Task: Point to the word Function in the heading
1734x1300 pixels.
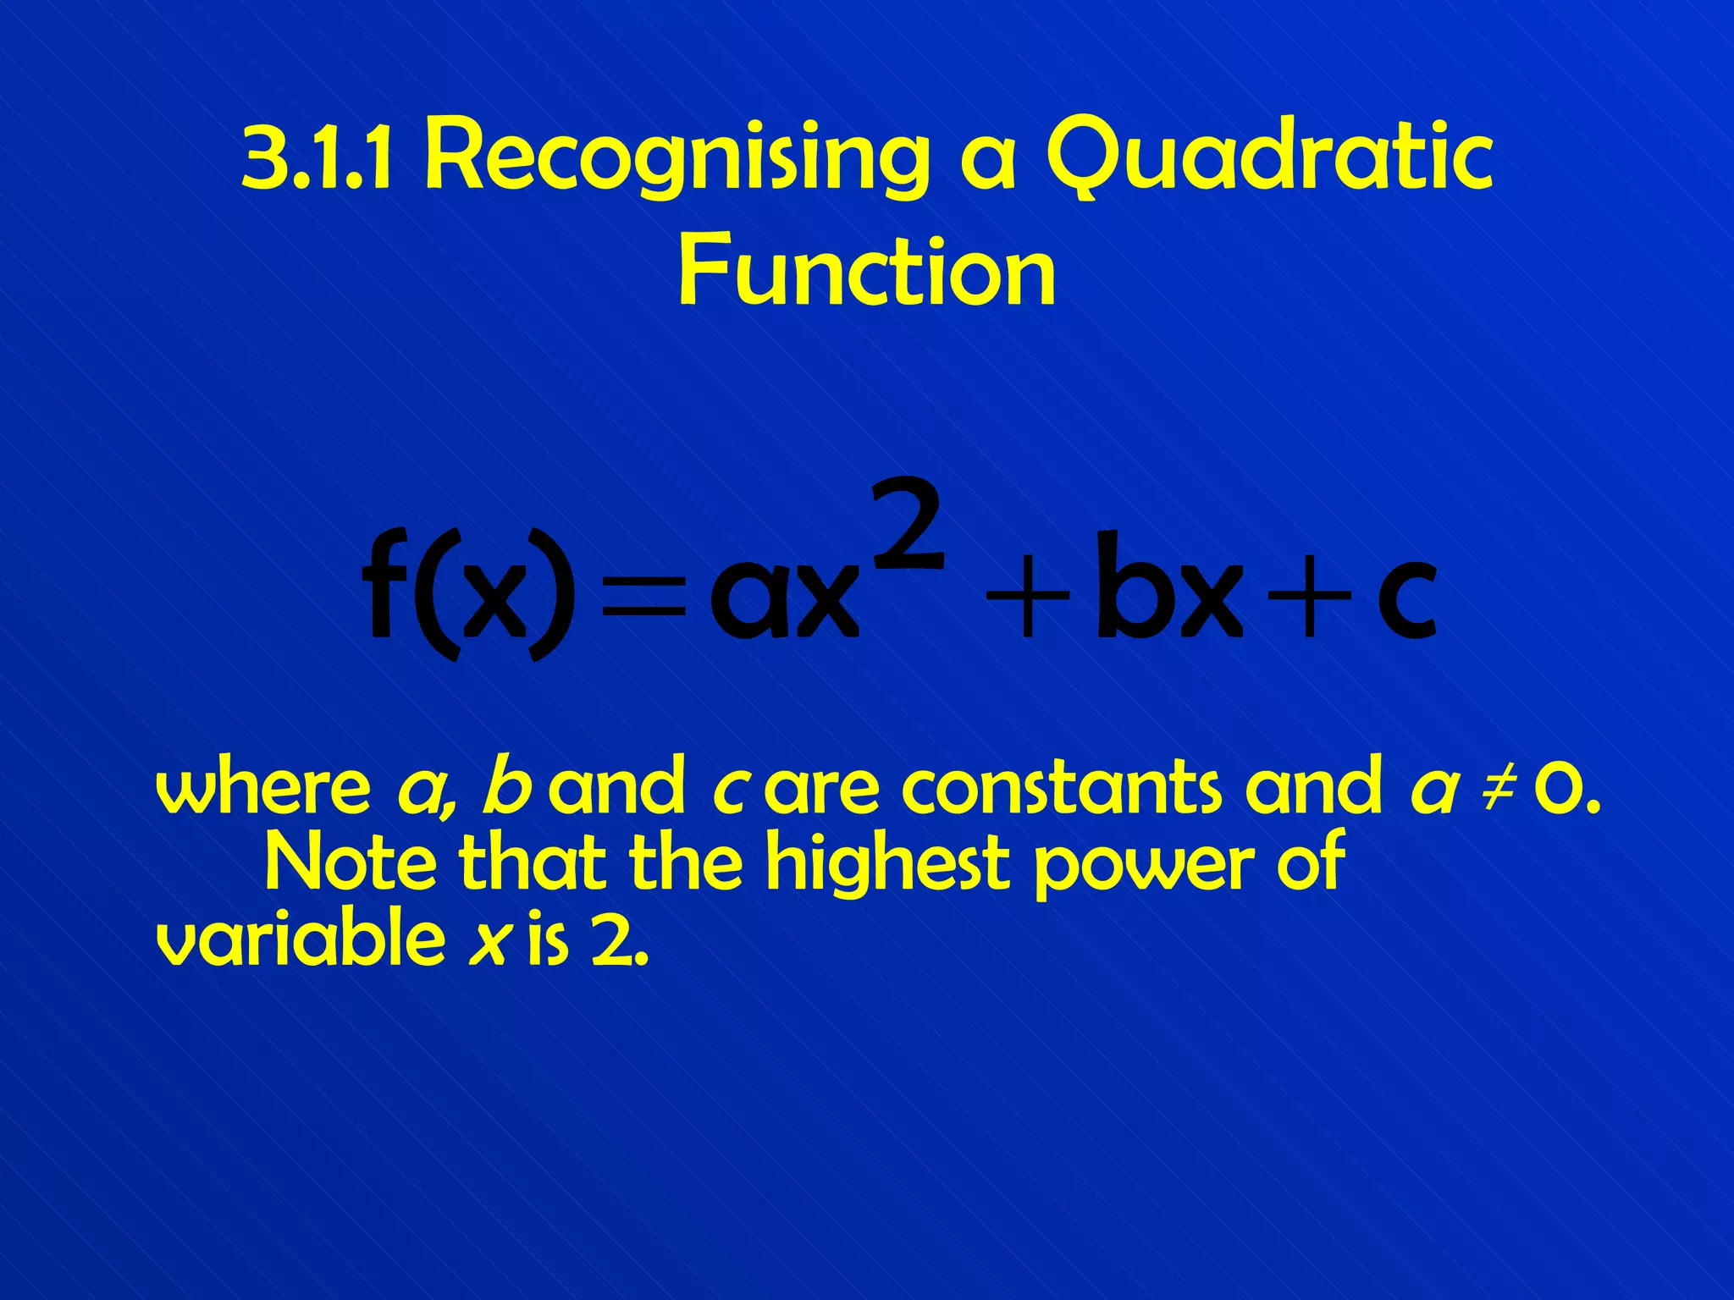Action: [x=866, y=271]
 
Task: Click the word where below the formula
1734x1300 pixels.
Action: [x=263, y=787]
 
